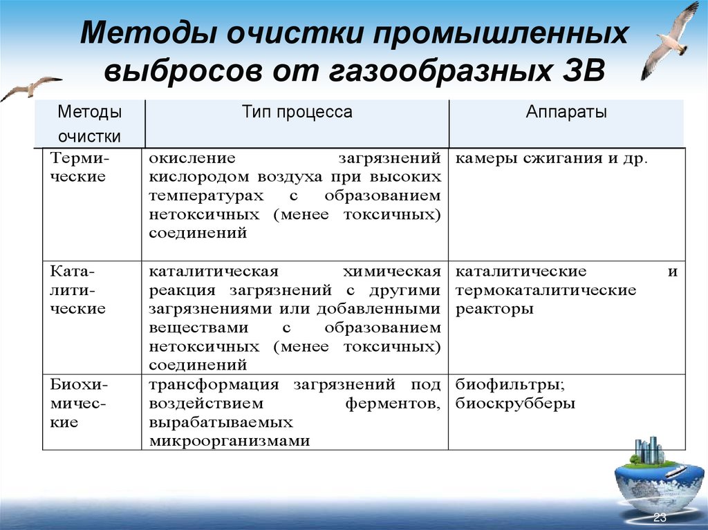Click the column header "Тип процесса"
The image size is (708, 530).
coord(297,112)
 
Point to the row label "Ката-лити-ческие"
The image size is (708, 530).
coord(77,290)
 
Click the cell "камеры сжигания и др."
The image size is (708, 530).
coord(552,158)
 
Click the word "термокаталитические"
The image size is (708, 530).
coord(546,290)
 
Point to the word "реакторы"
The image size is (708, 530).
coord(494,309)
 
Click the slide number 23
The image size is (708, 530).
coord(660,518)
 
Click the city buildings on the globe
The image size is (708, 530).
coord(648,451)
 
